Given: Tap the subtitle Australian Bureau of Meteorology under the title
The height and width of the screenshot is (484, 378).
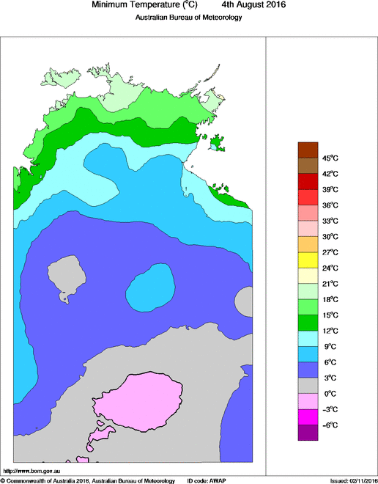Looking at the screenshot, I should (x=188, y=17).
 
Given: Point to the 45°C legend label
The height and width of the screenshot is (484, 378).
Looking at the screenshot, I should (x=329, y=158).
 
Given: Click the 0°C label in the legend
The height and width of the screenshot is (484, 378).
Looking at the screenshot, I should (x=329, y=394).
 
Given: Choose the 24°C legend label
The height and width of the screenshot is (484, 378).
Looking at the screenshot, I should (x=329, y=268).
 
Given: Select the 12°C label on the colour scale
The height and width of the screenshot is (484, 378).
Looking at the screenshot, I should (x=329, y=331).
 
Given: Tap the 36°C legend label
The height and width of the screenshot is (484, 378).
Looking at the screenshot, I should (x=329, y=205).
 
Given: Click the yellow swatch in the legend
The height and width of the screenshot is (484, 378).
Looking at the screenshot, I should (x=307, y=260).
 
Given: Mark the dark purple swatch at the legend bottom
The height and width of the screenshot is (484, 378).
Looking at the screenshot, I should (x=307, y=433).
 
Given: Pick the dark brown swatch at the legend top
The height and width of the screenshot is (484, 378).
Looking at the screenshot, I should (x=307, y=149).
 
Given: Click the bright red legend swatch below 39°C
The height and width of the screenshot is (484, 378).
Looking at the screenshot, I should (x=307, y=197).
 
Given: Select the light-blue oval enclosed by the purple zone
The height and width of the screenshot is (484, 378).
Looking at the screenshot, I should (x=150, y=287).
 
